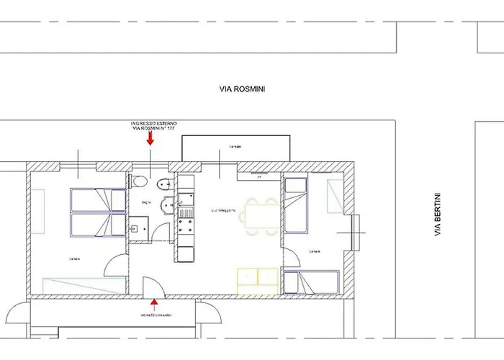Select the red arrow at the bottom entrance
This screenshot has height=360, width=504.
pyautogui.click(x=155, y=305)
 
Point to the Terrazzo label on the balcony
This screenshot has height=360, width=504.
pyautogui.click(x=235, y=147)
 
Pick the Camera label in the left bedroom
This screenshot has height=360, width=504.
pyautogui.click(x=74, y=259)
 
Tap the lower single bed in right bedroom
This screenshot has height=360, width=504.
pyautogui.click(x=310, y=282)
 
